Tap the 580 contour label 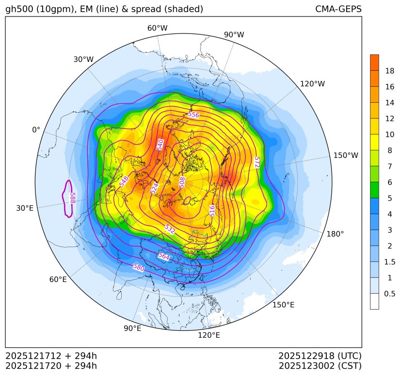tap(139, 267)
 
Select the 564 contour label tap(164, 257)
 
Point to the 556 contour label tap(193, 115)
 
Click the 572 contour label tap(257, 162)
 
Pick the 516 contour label tap(212, 210)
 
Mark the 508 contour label tap(182, 182)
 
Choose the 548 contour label tap(124, 181)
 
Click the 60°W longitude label tap(157, 28)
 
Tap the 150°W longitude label tap(346, 155)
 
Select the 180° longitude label tap(335, 234)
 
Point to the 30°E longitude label tap(25, 208)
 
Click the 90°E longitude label tap(132, 329)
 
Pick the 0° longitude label tap(36, 130)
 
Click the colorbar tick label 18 tap(390, 71)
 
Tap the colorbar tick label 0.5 tap(390, 294)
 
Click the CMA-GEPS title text tap(338, 9)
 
